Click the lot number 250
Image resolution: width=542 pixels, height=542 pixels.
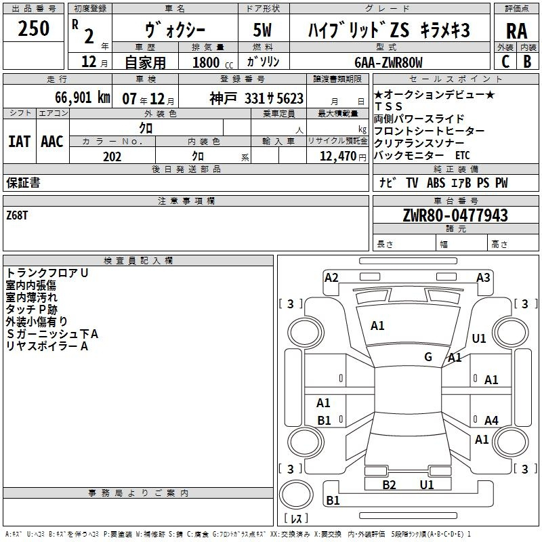coord(33,28)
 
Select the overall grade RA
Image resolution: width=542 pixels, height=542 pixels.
coord(516,31)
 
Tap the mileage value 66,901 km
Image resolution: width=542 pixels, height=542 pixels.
coord(83,98)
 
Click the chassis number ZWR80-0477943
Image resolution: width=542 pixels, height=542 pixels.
coord(455,215)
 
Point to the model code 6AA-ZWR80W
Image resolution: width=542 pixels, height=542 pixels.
coord(388,62)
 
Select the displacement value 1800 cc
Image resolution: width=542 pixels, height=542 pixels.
coord(213,63)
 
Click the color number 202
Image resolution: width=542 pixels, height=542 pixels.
coord(112,157)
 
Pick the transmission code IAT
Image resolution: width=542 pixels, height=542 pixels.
coord(20,142)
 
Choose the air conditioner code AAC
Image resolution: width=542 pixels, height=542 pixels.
coord(52,142)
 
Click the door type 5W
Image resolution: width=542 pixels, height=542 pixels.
coord(262,30)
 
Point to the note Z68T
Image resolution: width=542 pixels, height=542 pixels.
coord(17,215)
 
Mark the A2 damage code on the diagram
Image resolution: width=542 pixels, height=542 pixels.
coord(331,278)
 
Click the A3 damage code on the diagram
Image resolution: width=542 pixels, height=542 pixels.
coord(483,278)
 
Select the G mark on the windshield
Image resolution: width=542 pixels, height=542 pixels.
coord(428,356)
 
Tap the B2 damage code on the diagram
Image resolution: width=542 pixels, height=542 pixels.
coord(389,485)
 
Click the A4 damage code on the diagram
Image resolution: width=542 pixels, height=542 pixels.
coord(491,420)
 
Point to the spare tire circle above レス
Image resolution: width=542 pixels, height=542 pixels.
coord(296,495)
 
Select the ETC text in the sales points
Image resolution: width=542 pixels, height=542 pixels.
coord(463,156)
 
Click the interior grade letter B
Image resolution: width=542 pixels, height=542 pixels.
coord(527,62)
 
